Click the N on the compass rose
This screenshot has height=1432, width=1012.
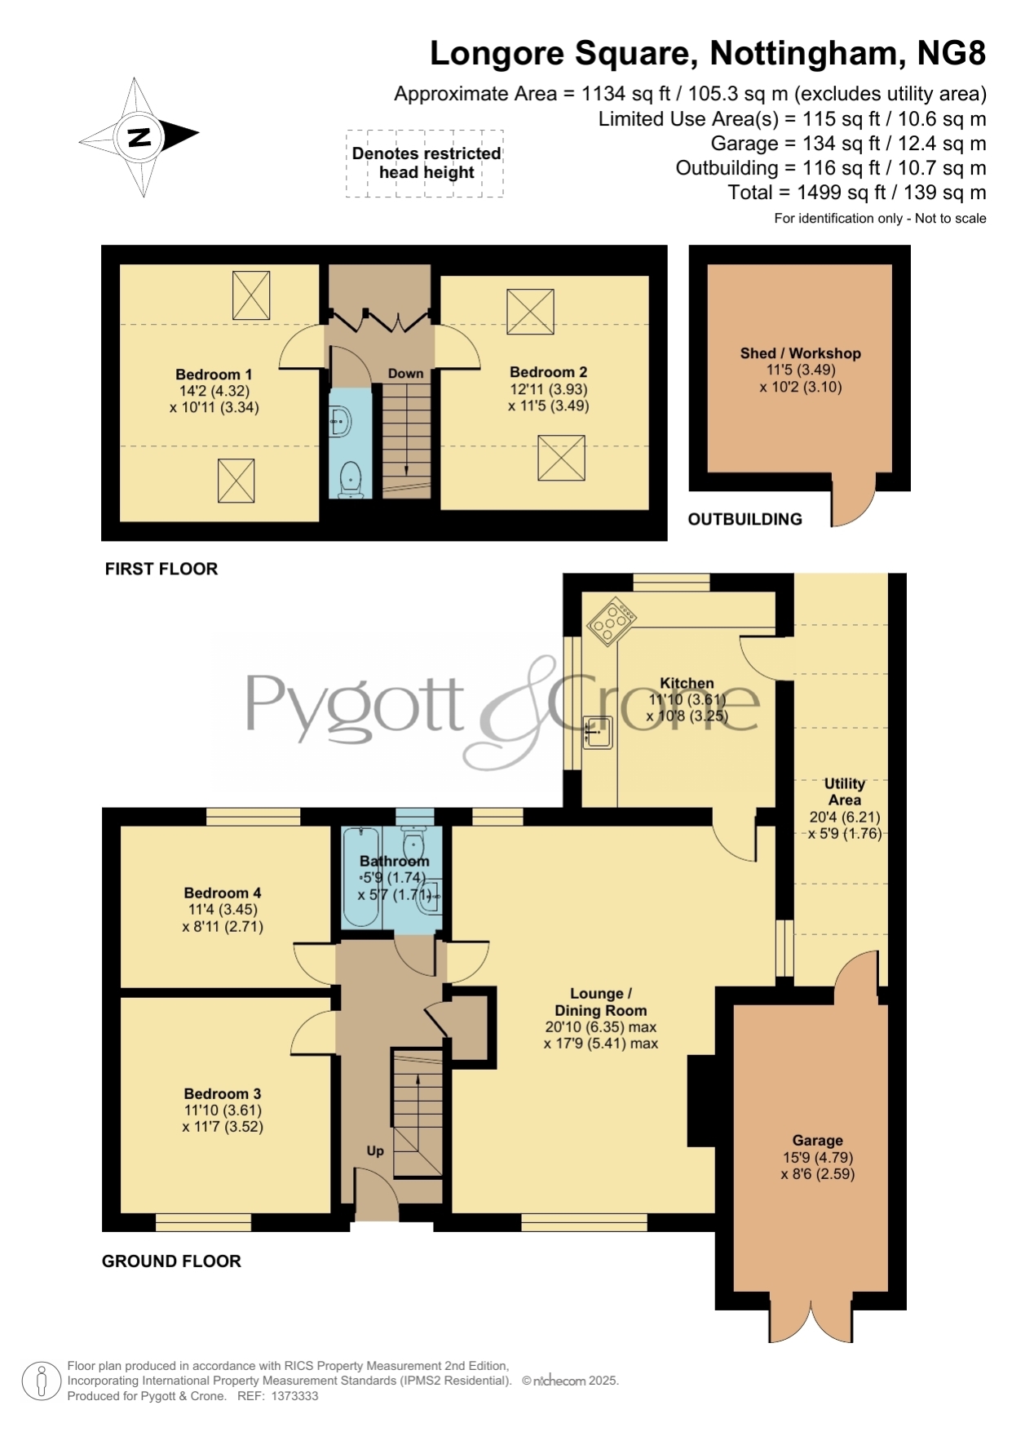139,137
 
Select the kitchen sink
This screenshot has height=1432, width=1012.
598,732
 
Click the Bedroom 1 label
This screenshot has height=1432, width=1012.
214,375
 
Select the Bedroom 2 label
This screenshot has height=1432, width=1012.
548,372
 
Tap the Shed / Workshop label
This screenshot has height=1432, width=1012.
800,353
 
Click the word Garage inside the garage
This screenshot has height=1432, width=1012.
817,1141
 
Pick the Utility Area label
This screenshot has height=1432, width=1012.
845,791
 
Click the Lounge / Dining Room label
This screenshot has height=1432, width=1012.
601,1002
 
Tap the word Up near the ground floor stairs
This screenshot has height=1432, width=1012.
375,1150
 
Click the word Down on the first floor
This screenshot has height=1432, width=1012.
405,374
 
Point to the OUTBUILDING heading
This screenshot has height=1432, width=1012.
745,519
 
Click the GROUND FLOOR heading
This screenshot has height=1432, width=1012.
171,1261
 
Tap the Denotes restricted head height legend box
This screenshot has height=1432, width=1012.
425,163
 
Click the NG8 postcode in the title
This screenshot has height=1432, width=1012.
952,54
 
